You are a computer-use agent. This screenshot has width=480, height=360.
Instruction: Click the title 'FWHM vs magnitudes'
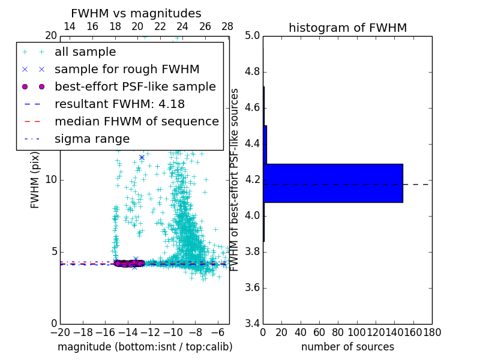(x=136, y=13)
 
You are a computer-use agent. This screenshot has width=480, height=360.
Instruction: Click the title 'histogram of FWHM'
(x=347, y=28)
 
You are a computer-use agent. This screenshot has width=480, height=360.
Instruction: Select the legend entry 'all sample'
(x=85, y=52)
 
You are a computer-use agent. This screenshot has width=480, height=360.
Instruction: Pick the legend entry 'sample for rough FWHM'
(x=127, y=69)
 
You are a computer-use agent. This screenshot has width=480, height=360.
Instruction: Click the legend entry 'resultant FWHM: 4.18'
(x=119, y=104)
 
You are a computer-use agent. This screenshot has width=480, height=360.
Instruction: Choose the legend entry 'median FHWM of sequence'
(x=136, y=121)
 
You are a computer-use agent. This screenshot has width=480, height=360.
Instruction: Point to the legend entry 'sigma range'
(x=92, y=139)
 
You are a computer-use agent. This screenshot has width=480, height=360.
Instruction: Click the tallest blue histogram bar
(x=333, y=183)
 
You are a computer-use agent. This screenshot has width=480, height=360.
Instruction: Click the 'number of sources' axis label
(x=347, y=347)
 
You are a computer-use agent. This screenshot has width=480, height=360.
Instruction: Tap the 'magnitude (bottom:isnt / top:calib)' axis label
(x=145, y=347)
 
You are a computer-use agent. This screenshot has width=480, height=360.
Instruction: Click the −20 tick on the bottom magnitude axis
(x=60, y=332)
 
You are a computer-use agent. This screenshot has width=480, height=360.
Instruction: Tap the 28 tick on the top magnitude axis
(x=227, y=26)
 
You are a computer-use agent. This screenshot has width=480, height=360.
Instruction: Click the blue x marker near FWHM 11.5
(x=142, y=157)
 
